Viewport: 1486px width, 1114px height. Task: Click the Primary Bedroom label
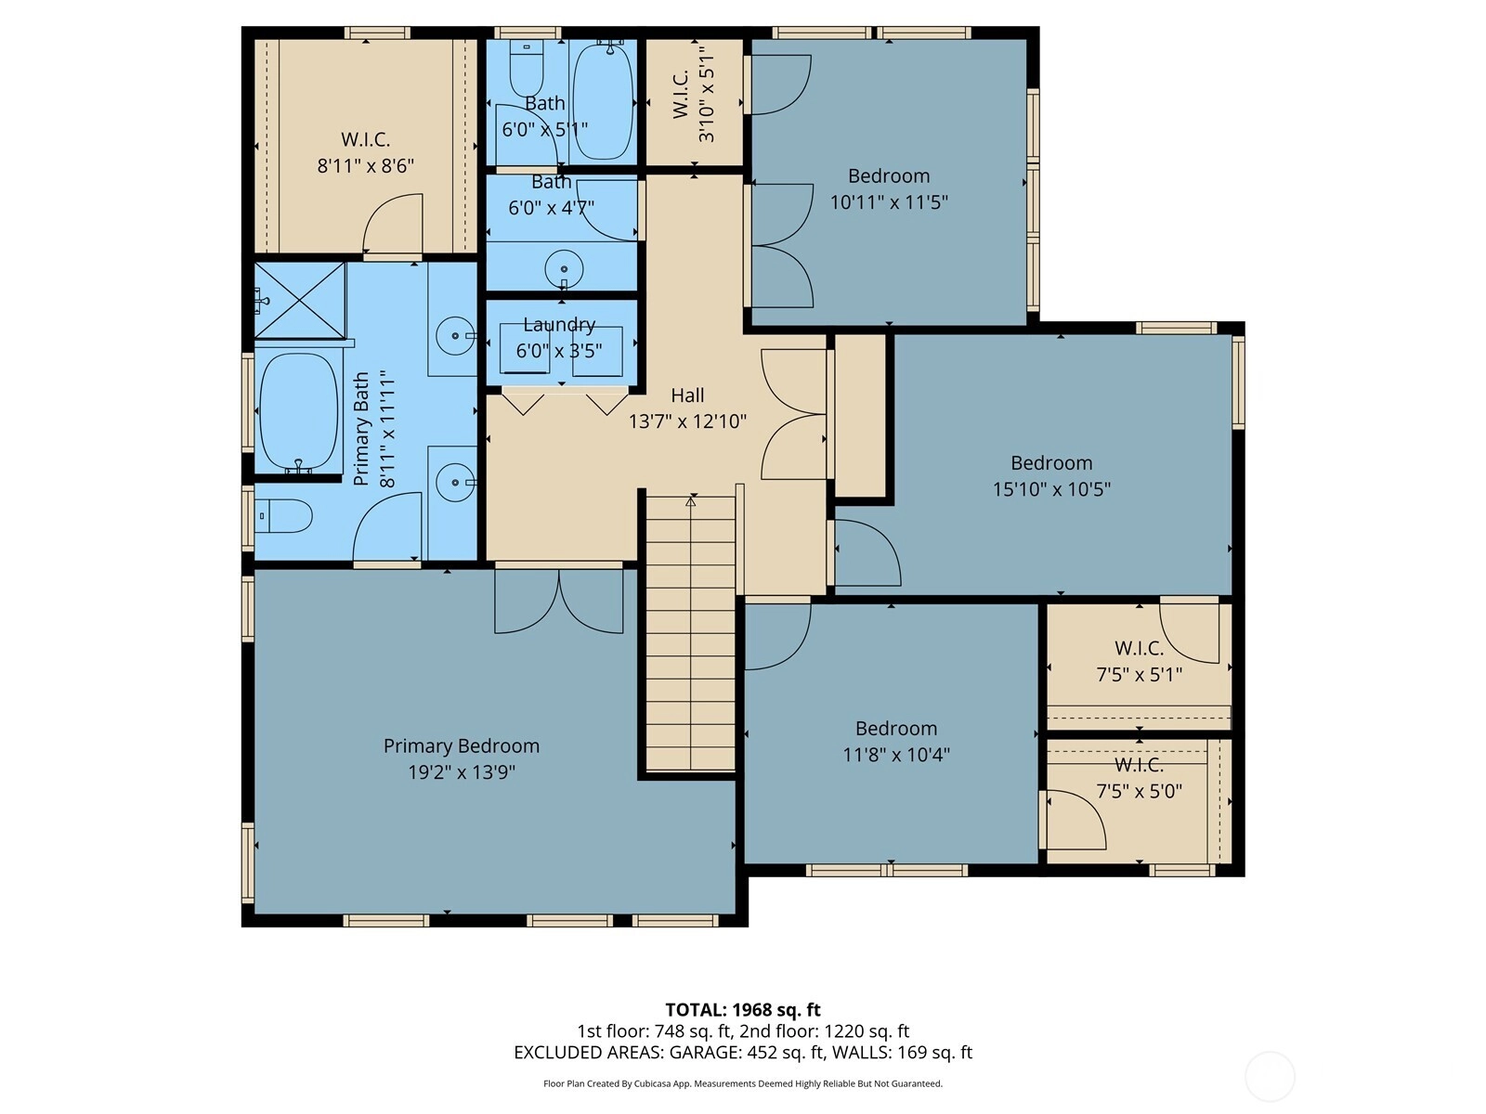pos(461,746)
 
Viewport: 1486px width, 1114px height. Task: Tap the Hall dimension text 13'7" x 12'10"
pos(687,421)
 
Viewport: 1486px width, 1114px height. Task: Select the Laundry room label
pos(559,325)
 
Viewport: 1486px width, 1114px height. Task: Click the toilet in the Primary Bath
pos(284,516)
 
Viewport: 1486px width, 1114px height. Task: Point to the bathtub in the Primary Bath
pos(298,412)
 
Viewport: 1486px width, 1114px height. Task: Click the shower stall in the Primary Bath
pos(300,300)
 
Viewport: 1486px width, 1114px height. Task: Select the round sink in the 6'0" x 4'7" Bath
pos(564,268)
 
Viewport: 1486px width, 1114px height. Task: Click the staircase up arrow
pos(691,501)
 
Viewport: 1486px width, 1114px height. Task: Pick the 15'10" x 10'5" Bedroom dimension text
pos(1051,489)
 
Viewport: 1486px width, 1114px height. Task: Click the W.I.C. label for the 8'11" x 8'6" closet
pos(366,139)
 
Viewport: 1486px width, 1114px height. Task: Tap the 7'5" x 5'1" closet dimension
pos(1140,674)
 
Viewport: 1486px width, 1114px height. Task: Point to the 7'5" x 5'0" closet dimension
pos(1140,791)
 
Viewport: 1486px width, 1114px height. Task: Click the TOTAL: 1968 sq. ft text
pos(743,1010)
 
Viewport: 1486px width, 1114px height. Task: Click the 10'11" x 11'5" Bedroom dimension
pos(889,202)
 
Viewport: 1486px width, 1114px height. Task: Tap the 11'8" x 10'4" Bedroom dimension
pos(896,754)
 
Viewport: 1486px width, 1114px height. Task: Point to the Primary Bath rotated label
pos(361,429)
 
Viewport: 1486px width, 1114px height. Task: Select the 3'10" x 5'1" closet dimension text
pos(706,94)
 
